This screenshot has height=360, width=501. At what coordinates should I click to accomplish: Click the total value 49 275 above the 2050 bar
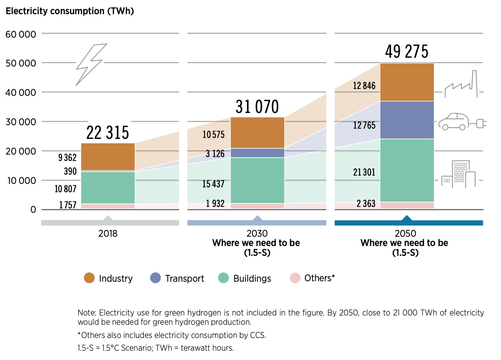coord(407,51)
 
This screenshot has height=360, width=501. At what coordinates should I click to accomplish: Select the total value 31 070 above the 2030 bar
coord(257,106)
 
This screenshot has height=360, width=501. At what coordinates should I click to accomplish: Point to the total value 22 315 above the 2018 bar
coord(108,132)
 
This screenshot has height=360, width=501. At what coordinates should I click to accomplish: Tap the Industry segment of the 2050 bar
coord(407,82)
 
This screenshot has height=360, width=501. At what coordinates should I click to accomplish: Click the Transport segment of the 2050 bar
coord(407,120)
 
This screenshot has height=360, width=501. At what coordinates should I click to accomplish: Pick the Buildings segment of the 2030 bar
coord(257,180)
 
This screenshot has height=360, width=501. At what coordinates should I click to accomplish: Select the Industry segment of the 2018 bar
coord(108,157)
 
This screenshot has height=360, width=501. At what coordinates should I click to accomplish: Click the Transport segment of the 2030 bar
coord(257,153)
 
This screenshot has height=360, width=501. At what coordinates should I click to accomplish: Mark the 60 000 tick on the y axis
coord(21,34)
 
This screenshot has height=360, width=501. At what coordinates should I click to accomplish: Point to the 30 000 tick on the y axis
coord(21,122)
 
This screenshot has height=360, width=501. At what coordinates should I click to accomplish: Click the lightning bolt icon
coord(91,64)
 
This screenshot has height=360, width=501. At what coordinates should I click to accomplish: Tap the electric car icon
coord(460,122)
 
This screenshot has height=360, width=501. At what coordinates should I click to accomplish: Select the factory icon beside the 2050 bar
coord(460,85)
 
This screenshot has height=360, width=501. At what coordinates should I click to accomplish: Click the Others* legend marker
coord(295,278)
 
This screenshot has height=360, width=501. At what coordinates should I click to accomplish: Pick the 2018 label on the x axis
coord(108,233)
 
